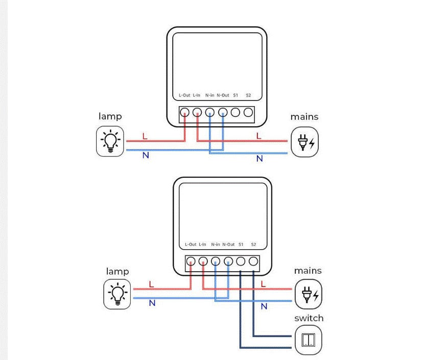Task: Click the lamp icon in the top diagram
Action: click(110, 142)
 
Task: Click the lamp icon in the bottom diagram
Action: click(117, 295)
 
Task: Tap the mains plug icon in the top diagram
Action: click(304, 142)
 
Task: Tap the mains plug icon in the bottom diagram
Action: click(309, 295)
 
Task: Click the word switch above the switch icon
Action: click(309, 318)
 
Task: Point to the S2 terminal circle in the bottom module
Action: click(254, 261)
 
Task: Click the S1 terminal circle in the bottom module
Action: click(241, 261)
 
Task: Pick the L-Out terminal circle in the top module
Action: click(184, 112)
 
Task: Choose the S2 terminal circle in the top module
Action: click(248, 112)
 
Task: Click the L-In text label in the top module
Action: click(197, 95)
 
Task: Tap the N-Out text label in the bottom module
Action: click(228, 245)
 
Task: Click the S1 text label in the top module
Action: click(236, 95)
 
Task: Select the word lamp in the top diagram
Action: click(110, 116)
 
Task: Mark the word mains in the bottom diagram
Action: click(308, 270)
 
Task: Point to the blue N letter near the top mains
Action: click(260, 159)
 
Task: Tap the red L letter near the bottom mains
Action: click(264, 283)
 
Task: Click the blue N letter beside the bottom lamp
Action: click(152, 303)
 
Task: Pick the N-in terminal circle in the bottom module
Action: click(216, 261)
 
